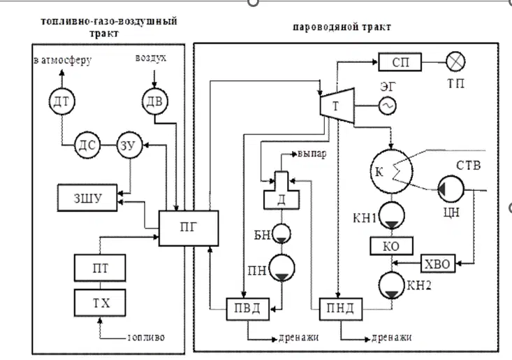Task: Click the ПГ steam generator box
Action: tap(189, 228)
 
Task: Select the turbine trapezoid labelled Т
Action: tap(337, 106)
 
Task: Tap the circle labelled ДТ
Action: tap(61, 101)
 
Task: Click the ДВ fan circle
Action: tap(155, 101)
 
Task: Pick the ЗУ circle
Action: tap(130, 145)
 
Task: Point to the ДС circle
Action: tap(87, 145)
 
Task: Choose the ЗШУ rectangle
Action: tap(87, 198)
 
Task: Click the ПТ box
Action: tap(100, 268)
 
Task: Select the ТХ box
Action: tap(100, 303)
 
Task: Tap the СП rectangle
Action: tap(400, 62)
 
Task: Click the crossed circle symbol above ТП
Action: tap(455, 62)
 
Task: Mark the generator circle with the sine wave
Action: tap(388, 106)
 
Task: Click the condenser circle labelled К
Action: tap(391, 171)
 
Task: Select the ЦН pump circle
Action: tap(451, 189)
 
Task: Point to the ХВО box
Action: tap(438, 264)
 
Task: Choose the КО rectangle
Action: tap(391, 245)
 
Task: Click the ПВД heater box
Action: tap(248, 309)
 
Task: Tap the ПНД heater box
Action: tap(341, 309)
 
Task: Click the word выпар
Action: tap(312, 154)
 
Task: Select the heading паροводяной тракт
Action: tap(342, 27)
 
